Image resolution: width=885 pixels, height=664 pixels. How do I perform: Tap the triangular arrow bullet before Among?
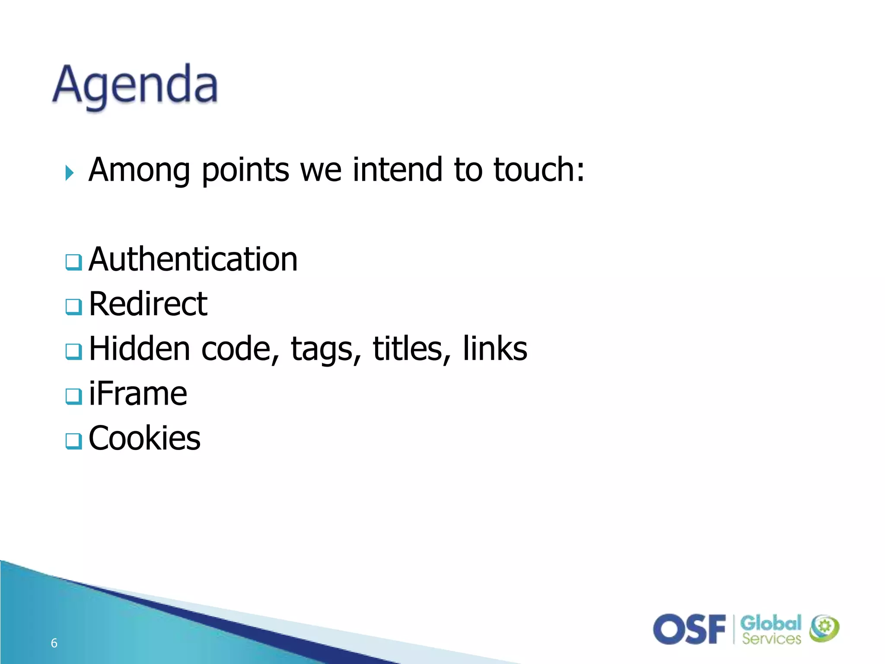(69, 173)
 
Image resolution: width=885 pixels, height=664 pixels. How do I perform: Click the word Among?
(139, 169)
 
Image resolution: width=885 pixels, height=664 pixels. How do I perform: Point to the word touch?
(539, 169)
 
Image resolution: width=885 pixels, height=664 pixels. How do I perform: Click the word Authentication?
(193, 259)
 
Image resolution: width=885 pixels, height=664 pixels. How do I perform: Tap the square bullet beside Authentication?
(73, 262)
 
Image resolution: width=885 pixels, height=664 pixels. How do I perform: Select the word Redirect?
(148, 304)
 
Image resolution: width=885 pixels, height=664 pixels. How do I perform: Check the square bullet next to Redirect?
(73, 306)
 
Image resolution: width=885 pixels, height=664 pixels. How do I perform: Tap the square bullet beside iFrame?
(73, 396)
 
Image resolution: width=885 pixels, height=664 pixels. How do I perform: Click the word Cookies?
(144, 438)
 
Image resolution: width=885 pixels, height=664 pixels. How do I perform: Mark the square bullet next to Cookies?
(73, 441)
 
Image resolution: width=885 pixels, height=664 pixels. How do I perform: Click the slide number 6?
(54, 643)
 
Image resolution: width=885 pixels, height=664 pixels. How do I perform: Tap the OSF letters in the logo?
(689, 629)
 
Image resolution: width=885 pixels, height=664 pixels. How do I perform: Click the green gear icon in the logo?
(825, 627)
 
